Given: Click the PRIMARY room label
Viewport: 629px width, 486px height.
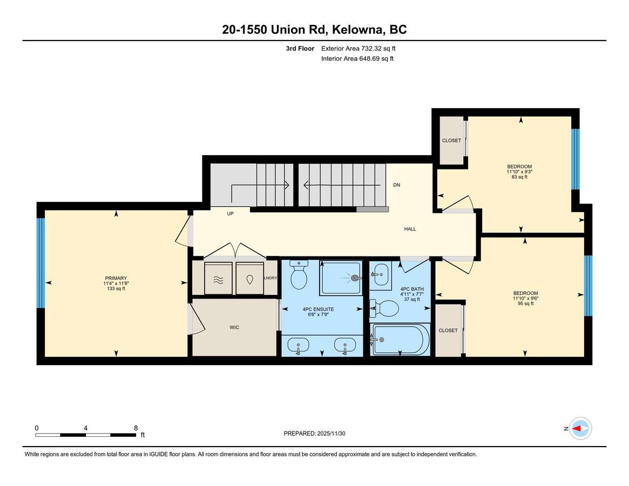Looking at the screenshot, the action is (116, 278).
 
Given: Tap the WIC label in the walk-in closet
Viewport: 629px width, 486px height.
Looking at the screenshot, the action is (234, 327).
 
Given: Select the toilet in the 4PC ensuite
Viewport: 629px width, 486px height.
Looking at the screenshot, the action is (299, 274).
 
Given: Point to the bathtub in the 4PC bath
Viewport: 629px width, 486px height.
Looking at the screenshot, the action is (400, 340).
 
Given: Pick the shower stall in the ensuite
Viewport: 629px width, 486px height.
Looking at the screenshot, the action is (341, 278).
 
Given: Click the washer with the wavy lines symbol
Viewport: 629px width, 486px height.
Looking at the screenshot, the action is (218, 279).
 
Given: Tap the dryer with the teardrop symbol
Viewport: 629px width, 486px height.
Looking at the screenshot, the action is (249, 279).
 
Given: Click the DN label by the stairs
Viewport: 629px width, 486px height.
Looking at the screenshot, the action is (397, 185).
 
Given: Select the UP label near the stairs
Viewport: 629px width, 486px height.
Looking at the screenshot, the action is (230, 213).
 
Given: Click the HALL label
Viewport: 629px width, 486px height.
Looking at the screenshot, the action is (410, 229).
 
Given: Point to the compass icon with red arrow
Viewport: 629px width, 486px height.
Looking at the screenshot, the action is (581, 429).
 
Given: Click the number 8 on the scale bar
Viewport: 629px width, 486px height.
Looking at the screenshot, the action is (136, 428).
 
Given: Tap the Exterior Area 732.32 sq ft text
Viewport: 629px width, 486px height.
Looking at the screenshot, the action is (358, 49).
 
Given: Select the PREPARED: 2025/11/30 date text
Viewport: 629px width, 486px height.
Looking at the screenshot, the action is (314, 434).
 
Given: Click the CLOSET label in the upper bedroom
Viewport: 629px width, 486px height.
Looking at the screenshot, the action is (452, 140).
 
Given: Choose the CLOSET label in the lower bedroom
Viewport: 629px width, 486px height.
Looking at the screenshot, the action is (448, 330).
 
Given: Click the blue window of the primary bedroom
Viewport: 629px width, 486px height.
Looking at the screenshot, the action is (41, 263).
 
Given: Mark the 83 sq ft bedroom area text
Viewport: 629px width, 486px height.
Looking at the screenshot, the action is (519, 177).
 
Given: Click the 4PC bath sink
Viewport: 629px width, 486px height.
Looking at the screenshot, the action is (380, 275).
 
